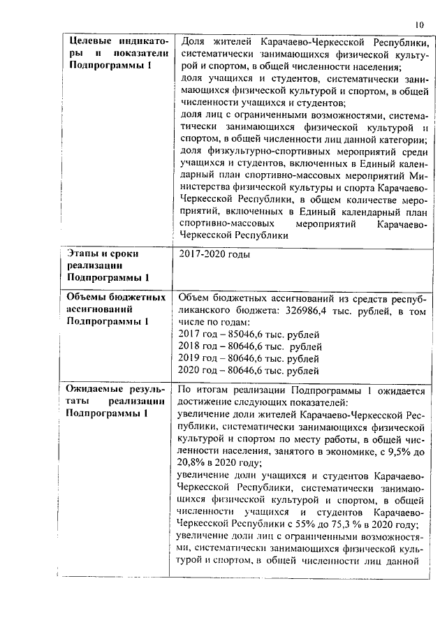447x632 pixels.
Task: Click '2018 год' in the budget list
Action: point(198,346)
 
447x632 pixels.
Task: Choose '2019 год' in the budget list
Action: point(198,358)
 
